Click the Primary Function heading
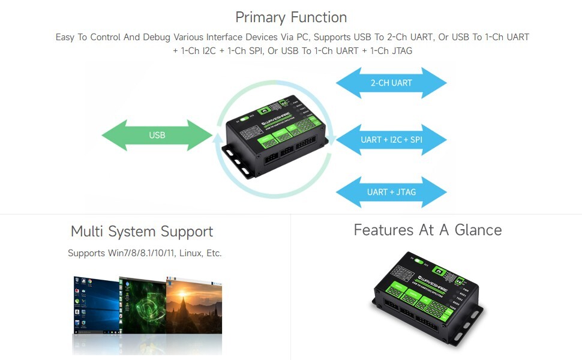click(291, 17)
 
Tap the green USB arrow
click(157, 135)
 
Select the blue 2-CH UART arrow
click(391, 83)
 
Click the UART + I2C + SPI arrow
click(391, 140)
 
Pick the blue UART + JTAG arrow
click(391, 192)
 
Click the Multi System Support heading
click(142, 232)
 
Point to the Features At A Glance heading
click(427, 230)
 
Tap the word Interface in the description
click(225, 37)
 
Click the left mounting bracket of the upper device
click(237, 161)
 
